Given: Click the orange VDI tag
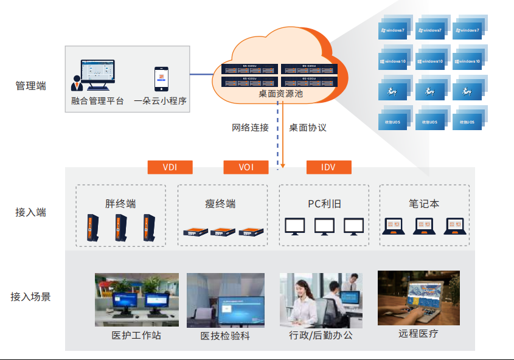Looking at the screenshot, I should point(170,167).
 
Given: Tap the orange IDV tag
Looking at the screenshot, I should point(328,167).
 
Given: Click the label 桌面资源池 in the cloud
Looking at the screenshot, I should point(280,94).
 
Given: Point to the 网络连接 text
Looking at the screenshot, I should point(250,128).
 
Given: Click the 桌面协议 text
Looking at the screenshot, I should point(308,128).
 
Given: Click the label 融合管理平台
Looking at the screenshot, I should point(97,101).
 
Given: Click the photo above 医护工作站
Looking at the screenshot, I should point(137,299).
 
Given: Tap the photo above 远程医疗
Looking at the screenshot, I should point(418,297).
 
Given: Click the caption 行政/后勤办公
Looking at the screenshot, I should point(321,335).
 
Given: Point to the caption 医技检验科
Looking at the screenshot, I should point(225,336).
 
